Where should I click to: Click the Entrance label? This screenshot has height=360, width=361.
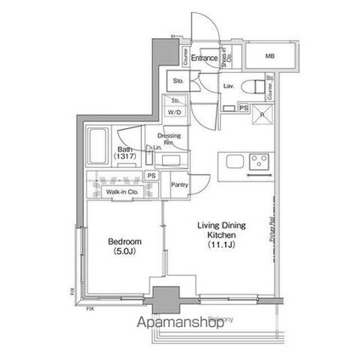click(204, 58)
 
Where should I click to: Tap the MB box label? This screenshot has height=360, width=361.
click(270, 57)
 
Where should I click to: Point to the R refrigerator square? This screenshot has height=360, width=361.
click(262, 116)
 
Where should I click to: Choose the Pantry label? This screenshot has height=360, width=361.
click(179, 183)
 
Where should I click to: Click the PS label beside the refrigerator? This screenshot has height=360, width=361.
click(244, 108)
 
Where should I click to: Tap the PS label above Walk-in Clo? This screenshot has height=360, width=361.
click(152, 175)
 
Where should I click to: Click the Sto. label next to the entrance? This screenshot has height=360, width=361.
click(178, 82)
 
